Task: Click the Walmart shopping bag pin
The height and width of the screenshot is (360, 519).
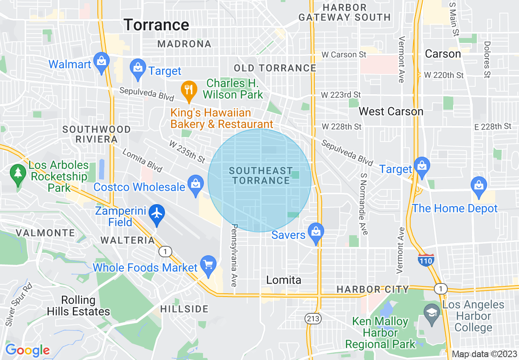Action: pyautogui.click(x=101, y=62)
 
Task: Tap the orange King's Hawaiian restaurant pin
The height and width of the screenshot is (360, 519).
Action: pyautogui.click(x=188, y=90)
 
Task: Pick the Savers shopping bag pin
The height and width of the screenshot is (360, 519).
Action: pyautogui.click(x=316, y=232)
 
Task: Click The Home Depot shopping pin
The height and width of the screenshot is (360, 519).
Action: pyautogui.click(x=478, y=185)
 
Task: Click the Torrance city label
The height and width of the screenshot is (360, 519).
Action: pyautogui.click(x=156, y=25)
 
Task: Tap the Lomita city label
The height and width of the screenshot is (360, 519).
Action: pyautogui.click(x=284, y=280)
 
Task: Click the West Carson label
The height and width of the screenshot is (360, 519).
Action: pyautogui.click(x=391, y=112)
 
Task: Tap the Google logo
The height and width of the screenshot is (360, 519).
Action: pyautogui.click(x=27, y=350)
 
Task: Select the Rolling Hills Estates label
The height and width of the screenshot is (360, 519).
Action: pyautogui.click(x=78, y=306)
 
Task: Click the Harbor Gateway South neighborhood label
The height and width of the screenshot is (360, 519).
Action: pyautogui.click(x=344, y=13)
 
